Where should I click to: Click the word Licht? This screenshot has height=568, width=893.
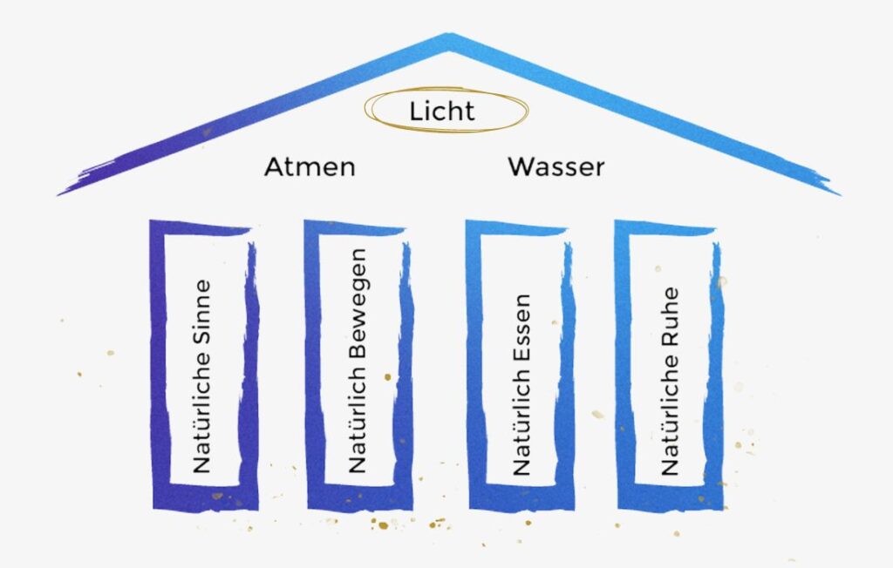442,111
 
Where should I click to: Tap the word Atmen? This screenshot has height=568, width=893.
310,166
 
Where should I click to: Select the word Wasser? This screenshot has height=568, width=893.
556,166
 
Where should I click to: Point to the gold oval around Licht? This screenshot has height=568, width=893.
446,88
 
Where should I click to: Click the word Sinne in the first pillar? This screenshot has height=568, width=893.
202,312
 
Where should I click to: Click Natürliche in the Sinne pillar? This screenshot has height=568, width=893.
202,413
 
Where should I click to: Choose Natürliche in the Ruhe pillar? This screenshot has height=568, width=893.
670,415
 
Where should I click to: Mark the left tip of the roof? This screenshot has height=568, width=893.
58,195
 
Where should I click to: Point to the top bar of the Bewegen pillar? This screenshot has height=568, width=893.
354,227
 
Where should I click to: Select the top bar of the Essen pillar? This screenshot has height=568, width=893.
516,227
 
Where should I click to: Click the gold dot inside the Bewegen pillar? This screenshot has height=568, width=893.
388,376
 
